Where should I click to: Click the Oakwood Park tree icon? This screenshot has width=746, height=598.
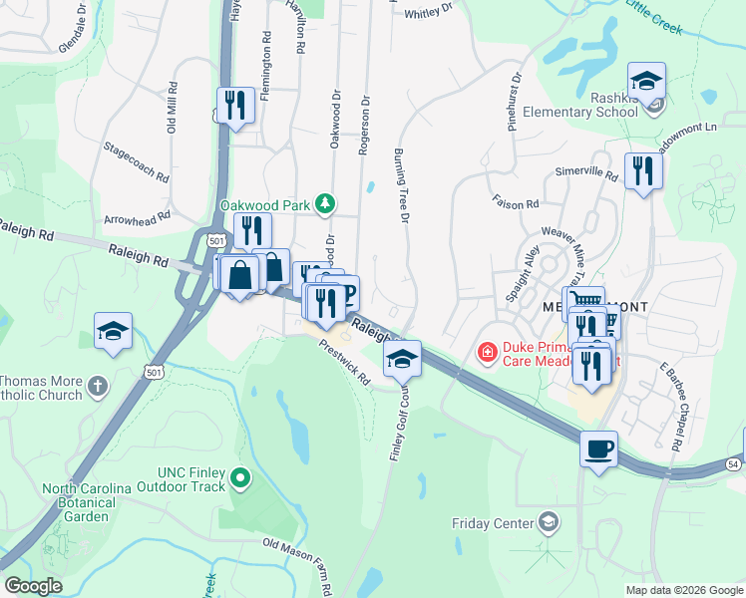click(x=324, y=203)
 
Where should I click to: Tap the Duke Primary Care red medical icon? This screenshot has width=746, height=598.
click(x=487, y=351)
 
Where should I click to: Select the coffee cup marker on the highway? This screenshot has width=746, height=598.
click(x=598, y=449)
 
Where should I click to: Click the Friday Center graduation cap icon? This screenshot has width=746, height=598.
click(x=548, y=521)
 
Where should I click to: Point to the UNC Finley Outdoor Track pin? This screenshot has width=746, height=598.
click(x=239, y=479)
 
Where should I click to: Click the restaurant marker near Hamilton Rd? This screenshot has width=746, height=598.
click(x=234, y=106)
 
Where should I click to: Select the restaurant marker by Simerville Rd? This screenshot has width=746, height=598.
click(x=643, y=172)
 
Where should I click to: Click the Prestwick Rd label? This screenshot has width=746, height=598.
click(x=345, y=363)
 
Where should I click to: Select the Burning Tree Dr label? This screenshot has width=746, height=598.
click(x=403, y=184)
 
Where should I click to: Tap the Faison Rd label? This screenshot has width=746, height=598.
click(x=515, y=202)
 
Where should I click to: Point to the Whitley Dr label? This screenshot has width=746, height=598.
click(x=430, y=14)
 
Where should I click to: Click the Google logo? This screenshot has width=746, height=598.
click(x=33, y=586)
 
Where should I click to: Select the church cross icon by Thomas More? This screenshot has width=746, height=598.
click(x=97, y=386)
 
